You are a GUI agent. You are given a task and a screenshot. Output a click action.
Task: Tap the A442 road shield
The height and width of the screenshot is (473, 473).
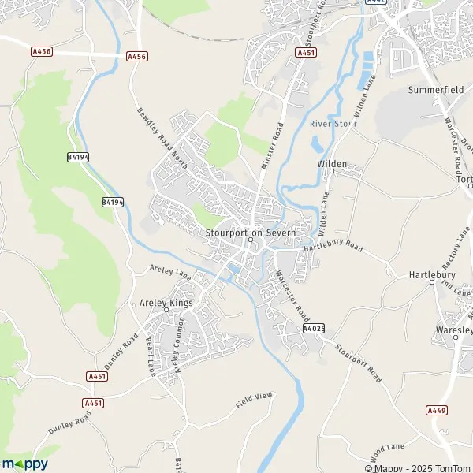[377, 2]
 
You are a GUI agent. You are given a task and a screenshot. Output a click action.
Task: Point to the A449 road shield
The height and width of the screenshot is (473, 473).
[436, 410]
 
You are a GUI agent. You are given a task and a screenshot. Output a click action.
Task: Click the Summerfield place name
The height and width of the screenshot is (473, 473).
[435, 91]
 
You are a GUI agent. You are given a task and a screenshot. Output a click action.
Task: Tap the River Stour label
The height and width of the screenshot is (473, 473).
[333, 124]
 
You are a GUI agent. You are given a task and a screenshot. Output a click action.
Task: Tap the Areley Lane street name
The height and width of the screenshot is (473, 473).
[171, 272]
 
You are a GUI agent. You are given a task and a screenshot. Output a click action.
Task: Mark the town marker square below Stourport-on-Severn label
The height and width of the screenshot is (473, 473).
[248, 241]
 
